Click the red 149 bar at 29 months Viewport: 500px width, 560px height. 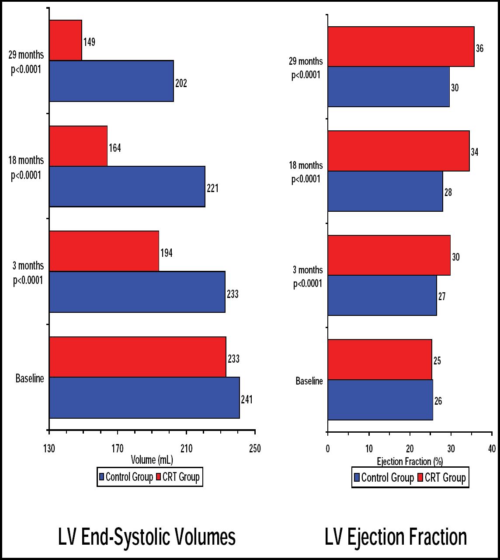tap(66, 40)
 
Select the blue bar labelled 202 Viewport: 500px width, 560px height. tap(111, 81)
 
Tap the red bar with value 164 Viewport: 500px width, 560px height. tap(78, 146)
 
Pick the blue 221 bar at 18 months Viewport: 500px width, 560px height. tap(127, 186)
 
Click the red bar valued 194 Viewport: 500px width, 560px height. tap(104, 251)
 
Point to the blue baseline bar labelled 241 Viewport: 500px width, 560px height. tap(144, 397)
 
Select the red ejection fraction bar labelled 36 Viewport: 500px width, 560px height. tap(401, 46)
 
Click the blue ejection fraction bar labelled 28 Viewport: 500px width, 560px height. tap(385, 191)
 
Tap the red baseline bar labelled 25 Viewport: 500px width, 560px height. tap(380, 359)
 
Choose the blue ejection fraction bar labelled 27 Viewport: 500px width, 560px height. tap(382, 295)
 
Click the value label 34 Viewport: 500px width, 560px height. tap(475, 152)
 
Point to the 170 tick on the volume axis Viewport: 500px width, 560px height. tap(118, 448)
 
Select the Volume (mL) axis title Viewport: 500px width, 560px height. tap(152, 460)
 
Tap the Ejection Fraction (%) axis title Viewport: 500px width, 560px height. tap(410, 461)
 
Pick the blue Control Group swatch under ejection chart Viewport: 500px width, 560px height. tap(356, 477)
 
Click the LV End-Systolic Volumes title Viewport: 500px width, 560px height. tap(147, 537)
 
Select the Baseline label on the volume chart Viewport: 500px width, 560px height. tap(30, 378)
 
